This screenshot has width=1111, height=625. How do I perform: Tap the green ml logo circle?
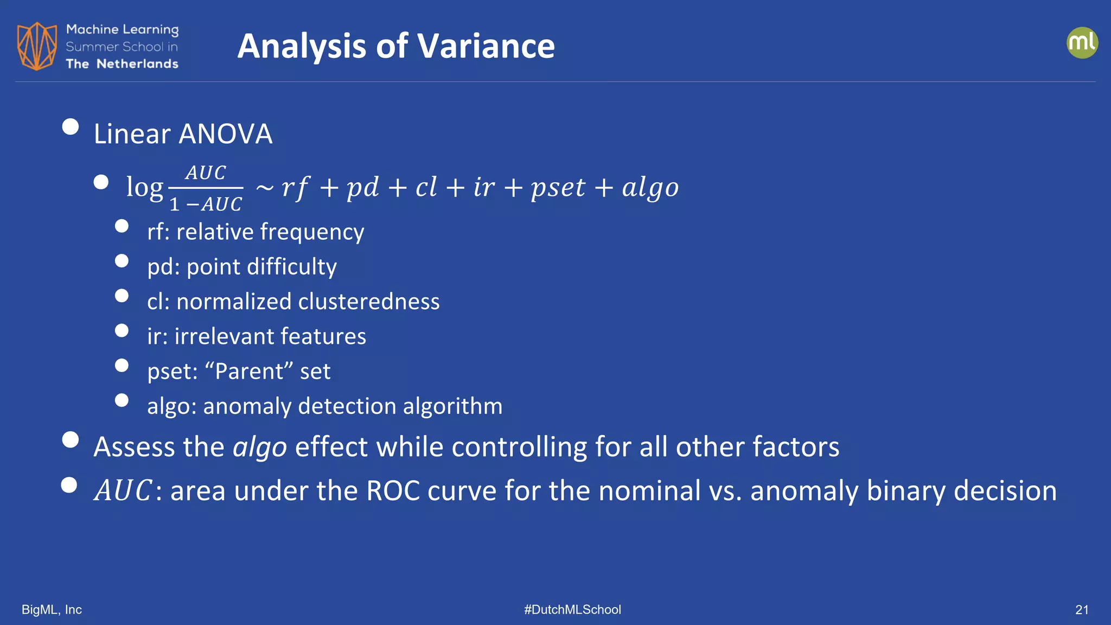point(1082,43)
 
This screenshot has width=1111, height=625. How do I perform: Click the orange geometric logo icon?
point(37,46)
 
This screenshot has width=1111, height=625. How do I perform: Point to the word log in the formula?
point(144,187)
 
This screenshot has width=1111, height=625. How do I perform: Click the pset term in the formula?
point(558,188)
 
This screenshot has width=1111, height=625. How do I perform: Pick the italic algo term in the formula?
point(650,188)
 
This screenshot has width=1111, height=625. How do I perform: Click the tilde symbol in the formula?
point(265,188)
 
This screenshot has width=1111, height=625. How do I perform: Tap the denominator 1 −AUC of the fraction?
point(206,205)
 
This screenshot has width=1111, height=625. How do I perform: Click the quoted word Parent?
point(250,372)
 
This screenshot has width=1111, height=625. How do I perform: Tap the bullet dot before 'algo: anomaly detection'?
point(122,400)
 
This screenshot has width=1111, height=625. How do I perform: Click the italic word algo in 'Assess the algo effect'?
point(260,448)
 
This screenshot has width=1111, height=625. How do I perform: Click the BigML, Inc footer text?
point(52,610)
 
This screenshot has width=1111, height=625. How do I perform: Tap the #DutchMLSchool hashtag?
point(572,610)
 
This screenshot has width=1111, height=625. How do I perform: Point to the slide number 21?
point(1082,610)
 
